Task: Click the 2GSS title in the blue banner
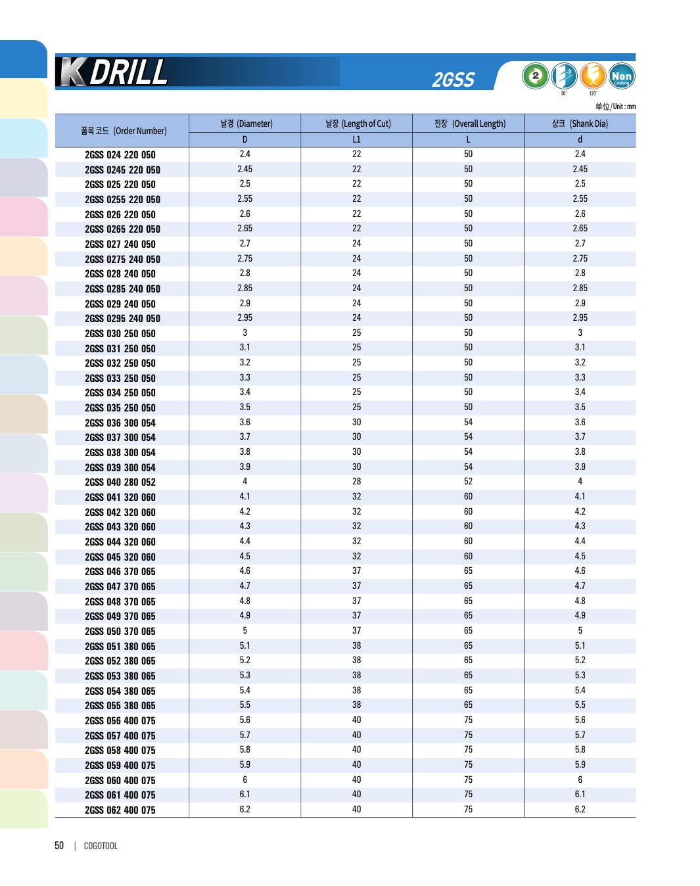(x=453, y=80)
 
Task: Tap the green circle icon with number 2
(x=535, y=76)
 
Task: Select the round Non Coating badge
(x=621, y=76)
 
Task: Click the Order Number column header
(x=124, y=131)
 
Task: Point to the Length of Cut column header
(x=358, y=124)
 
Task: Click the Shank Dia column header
(x=580, y=124)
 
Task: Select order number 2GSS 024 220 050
(x=120, y=155)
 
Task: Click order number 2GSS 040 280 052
(x=120, y=482)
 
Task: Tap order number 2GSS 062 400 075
(x=120, y=810)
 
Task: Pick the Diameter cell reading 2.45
(x=245, y=170)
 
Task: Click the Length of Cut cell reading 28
(x=356, y=482)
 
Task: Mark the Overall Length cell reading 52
(x=468, y=482)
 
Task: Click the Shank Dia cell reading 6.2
(x=580, y=810)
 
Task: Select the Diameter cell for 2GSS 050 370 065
(x=245, y=631)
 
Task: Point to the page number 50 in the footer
(x=59, y=846)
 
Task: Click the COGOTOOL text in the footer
(x=101, y=847)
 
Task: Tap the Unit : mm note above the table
(x=615, y=106)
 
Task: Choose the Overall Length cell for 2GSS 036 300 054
(x=468, y=423)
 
